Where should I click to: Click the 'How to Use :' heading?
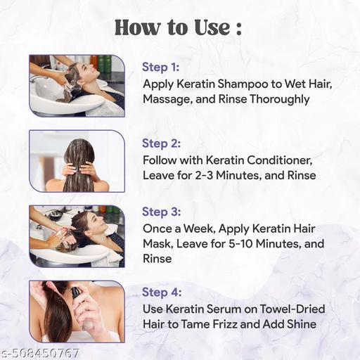click(179, 27)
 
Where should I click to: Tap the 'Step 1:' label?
click(161, 67)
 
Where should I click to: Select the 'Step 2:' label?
click(162, 143)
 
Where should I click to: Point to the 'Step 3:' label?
click(162, 212)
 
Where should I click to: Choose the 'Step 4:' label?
click(162, 292)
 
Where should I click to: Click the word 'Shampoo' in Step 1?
click(238, 84)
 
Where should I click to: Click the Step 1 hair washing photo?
click(76, 85)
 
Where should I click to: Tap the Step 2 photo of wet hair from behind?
click(76, 161)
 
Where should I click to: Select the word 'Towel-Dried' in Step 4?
click(292, 308)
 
